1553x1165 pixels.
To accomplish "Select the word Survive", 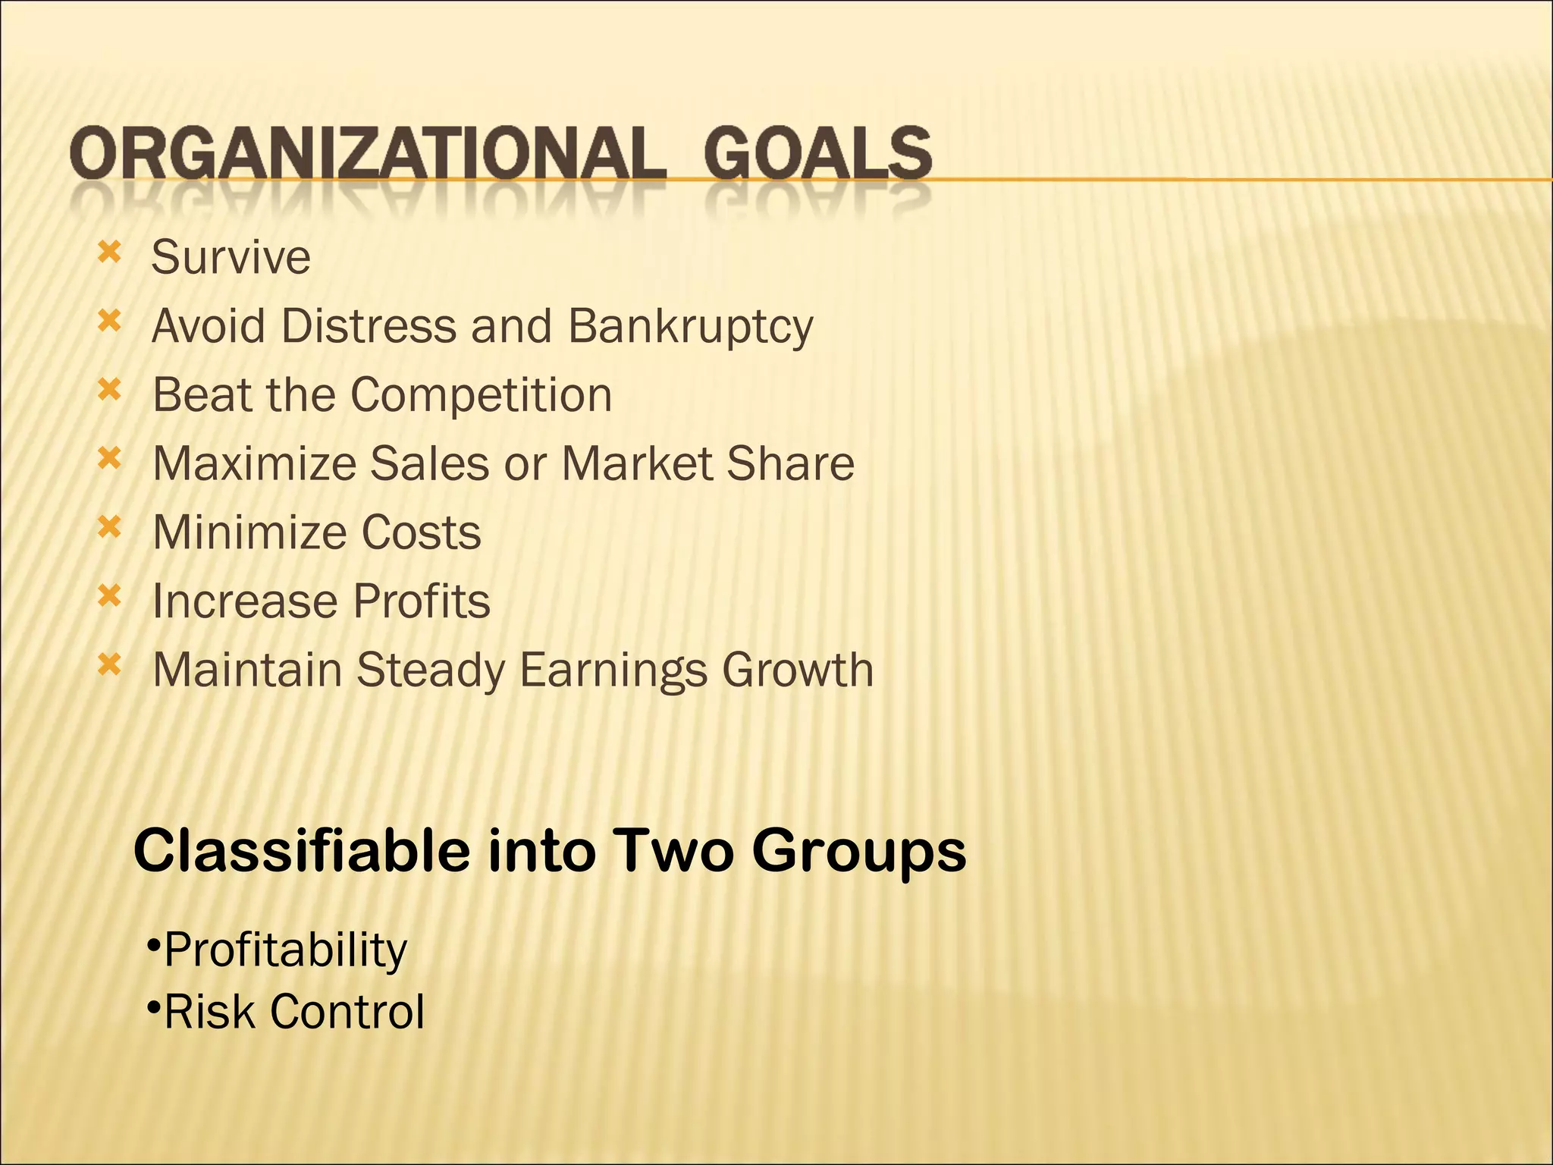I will pos(231,257).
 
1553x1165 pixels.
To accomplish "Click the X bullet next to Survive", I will pos(109,253).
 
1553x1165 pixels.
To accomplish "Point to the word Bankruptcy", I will pos(690,327).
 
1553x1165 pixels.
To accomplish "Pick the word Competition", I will pos(481,395).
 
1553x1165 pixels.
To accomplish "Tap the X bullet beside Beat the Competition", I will pos(109,390).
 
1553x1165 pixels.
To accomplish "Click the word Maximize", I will pos(254,463).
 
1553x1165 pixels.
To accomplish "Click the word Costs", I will pos(421,532).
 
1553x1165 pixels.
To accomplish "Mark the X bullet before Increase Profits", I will pos(109,596).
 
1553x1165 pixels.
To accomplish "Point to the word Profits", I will pos(422,601).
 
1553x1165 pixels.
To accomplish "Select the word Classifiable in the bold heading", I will pos(302,851).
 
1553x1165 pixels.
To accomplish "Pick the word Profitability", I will pos(285,950).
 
